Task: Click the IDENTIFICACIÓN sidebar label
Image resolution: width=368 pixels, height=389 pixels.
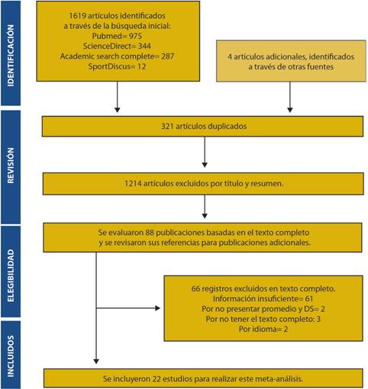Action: [x=11, y=56]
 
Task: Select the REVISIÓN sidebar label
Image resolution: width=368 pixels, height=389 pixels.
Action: [x=11, y=166]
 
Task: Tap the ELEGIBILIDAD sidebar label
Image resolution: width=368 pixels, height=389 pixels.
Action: [x=11, y=275]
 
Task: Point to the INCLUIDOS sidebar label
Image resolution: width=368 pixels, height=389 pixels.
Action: [x=11, y=356]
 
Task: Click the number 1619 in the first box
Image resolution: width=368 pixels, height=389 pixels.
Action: [x=77, y=16]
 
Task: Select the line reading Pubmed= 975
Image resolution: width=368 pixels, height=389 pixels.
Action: [x=117, y=36]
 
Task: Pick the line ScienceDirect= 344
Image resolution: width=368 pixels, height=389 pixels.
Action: [x=117, y=46]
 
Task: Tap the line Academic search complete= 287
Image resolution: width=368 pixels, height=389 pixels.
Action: [x=117, y=56]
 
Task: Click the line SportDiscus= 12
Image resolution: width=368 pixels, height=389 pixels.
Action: [x=117, y=66]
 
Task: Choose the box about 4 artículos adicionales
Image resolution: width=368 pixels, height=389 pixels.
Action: [x=291, y=61]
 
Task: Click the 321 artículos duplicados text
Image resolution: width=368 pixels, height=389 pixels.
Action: [x=204, y=126]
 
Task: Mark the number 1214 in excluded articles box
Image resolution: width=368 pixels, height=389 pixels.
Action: [x=133, y=183]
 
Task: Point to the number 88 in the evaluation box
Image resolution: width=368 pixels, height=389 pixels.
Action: [x=150, y=233]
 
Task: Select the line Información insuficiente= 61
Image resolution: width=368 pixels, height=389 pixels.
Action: [x=263, y=298]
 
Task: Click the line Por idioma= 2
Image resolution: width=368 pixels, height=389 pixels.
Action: [x=263, y=329]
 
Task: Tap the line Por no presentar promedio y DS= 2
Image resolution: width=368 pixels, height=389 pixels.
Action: [x=263, y=309]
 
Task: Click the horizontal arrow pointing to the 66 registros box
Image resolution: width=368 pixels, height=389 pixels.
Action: [x=128, y=308]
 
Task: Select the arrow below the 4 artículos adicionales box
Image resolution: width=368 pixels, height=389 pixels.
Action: [x=290, y=97]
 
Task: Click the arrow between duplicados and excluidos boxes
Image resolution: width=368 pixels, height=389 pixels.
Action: [x=205, y=152]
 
